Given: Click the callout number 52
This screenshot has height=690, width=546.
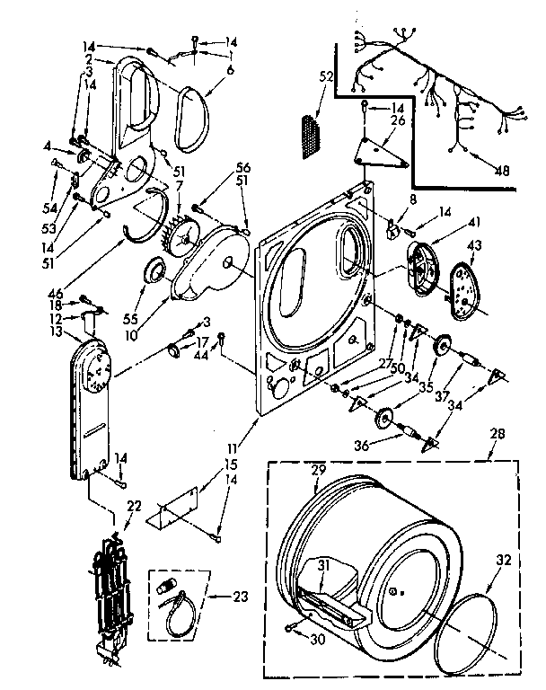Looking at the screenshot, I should tap(324, 79).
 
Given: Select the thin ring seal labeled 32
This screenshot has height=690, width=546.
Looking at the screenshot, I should tap(476, 634).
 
